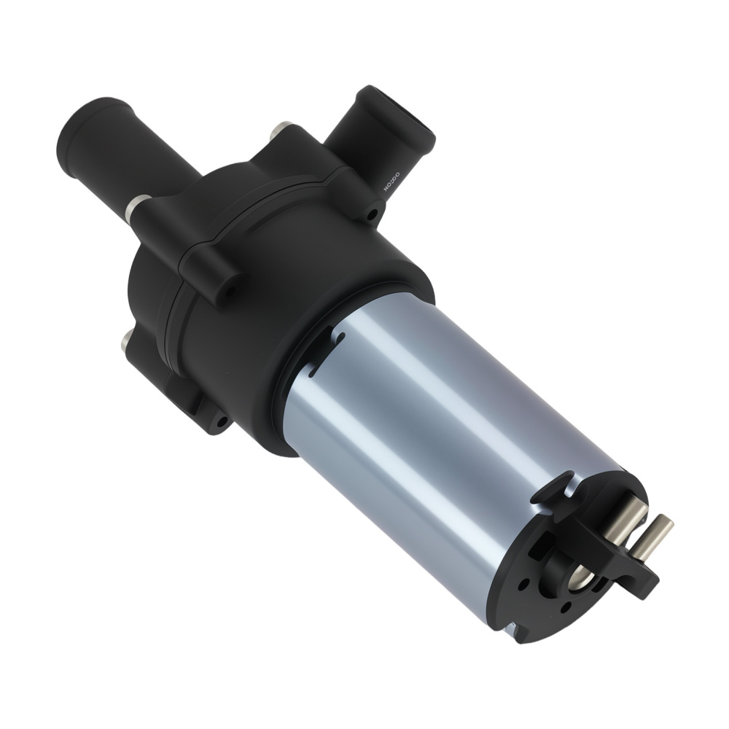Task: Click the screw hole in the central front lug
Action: (x=227, y=290)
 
